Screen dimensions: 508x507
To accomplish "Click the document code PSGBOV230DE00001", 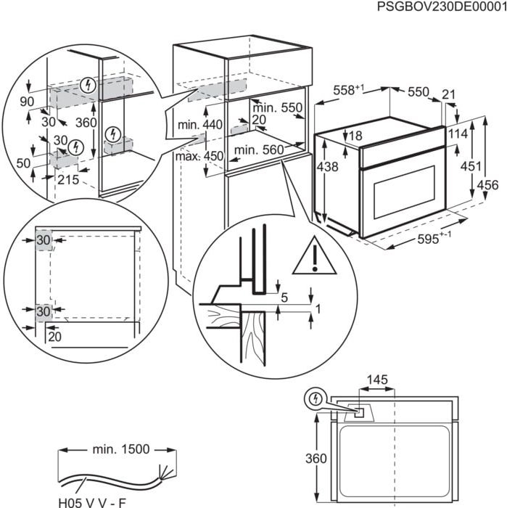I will click(x=442, y=7).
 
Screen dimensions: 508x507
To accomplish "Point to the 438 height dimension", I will click(x=327, y=166).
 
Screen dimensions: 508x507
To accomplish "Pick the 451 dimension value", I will click(x=471, y=166).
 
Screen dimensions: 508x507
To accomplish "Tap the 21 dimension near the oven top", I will click(x=448, y=93).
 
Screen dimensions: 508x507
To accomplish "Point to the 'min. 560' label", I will click(x=257, y=150).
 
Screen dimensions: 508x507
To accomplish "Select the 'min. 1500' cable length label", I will click(x=120, y=449).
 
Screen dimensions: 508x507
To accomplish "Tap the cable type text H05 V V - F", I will click(x=91, y=500).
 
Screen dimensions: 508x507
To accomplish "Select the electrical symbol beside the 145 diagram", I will click(x=316, y=399).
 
